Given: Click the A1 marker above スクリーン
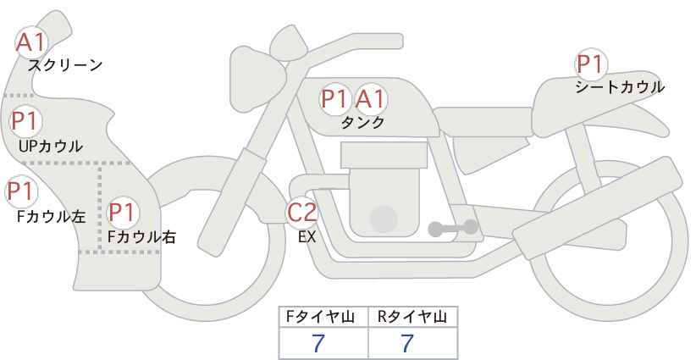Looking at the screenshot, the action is coord(31,42).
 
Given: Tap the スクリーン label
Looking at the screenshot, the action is coord(65,66).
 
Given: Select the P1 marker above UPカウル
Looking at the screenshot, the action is coord(26,121).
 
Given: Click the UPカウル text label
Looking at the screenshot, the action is coord(51,146).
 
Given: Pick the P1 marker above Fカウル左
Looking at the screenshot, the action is coord(21,191).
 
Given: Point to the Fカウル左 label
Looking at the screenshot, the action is coord(51,217).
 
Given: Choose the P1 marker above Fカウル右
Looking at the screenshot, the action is coord(123,213).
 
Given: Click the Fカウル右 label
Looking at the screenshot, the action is coord(141,237).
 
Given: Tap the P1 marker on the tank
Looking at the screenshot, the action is coord(334,99).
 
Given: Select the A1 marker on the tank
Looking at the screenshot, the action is coord(370,99).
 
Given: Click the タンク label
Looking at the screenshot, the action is coord(362,122).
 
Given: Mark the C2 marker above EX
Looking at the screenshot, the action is coord(302,212).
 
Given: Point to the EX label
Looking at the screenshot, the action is coord(307,237).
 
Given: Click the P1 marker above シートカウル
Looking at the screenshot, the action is coord(591,64).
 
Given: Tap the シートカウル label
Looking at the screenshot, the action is coord(620,87).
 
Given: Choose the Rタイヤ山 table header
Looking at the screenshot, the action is coord(412,317).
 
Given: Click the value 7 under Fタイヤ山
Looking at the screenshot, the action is coord(318,343).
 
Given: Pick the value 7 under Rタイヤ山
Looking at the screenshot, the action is coord(406,343).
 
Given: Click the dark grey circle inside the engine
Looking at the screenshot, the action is coord(384,219).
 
